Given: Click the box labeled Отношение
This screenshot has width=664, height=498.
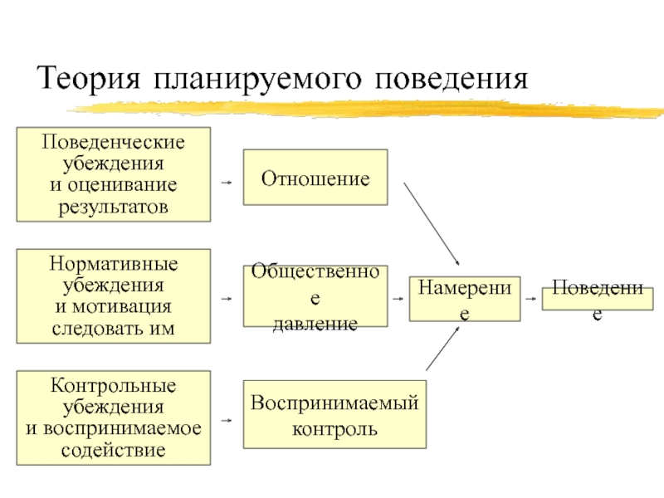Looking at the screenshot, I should [x=315, y=177].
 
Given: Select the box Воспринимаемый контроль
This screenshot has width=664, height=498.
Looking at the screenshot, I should [x=334, y=415].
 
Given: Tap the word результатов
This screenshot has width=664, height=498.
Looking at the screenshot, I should [x=114, y=206].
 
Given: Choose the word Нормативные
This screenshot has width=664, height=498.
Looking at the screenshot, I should [x=114, y=263].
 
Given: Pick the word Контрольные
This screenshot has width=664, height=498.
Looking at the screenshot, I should [x=114, y=386].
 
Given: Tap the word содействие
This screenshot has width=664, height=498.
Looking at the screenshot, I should [x=114, y=451].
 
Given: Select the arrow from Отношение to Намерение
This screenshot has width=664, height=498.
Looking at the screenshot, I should [x=432, y=222].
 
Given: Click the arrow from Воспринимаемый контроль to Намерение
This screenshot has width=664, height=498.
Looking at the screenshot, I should [x=442, y=348].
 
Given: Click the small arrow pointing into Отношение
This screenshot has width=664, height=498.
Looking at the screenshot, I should [x=227, y=178].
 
